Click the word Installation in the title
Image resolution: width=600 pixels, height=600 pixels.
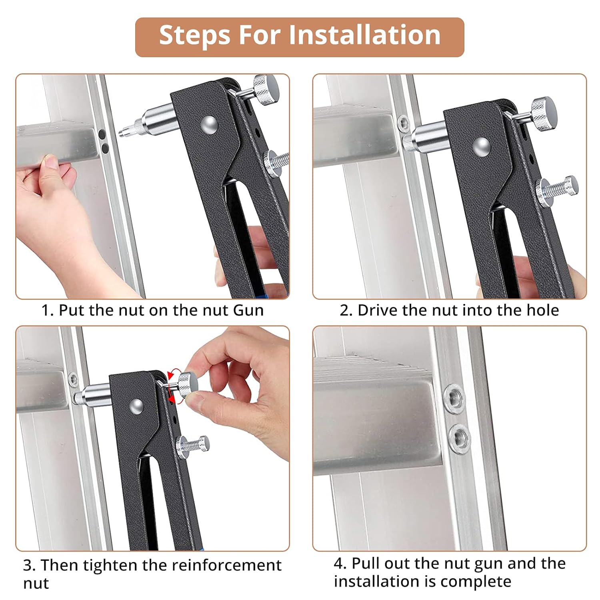(x=364, y=35)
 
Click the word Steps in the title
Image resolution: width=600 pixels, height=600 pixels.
(x=195, y=36)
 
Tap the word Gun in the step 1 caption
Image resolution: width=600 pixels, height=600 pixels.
(x=248, y=310)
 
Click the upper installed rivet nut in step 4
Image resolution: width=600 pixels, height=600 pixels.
(x=455, y=398)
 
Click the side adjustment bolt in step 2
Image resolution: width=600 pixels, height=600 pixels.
(x=557, y=186)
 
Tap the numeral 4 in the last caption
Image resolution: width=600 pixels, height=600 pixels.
(x=339, y=564)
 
